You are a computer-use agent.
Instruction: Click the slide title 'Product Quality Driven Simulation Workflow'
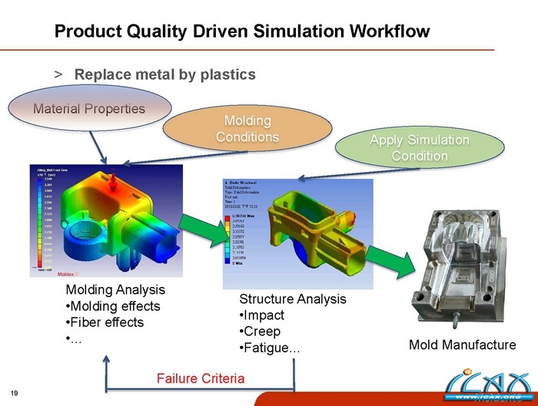point(241,31)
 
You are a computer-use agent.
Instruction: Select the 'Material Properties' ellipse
point(89,108)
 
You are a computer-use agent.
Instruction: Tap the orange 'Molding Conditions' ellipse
point(247,129)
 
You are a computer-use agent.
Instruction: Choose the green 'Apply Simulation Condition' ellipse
point(419,148)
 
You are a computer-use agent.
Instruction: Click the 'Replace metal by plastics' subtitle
point(164,74)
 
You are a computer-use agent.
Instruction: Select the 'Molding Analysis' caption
point(115,290)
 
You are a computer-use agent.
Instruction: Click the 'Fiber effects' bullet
point(105,322)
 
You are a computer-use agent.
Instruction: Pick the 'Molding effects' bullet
point(113,306)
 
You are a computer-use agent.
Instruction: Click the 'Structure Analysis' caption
point(293,299)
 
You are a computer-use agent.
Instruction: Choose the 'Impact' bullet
point(262,315)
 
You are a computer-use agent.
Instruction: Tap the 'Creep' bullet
point(261,332)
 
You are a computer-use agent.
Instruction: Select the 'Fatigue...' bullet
point(270,348)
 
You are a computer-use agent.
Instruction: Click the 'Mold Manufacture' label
point(462,345)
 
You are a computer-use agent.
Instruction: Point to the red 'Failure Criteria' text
point(200,378)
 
